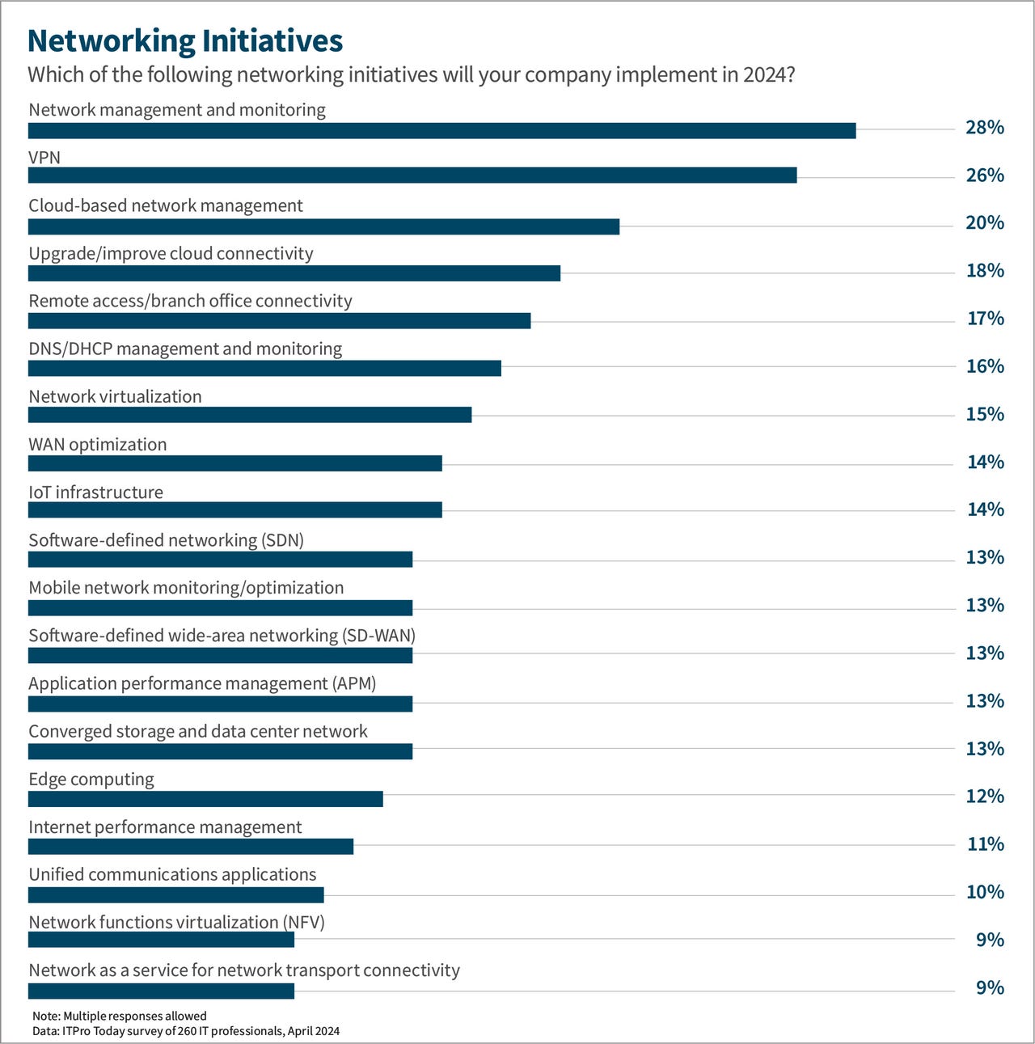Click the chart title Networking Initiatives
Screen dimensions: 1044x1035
click(185, 40)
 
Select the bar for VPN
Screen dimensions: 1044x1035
click(412, 175)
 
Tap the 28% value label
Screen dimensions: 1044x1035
click(984, 128)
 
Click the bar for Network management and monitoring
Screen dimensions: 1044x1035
click(441, 131)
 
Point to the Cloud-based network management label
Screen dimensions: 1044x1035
click(166, 205)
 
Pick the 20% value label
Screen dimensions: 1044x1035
click(984, 223)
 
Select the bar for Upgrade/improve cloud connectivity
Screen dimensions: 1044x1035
click(294, 273)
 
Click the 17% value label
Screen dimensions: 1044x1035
click(985, 319)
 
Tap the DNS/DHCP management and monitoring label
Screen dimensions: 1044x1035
click(185, 349)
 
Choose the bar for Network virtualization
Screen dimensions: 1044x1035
click(250, 415)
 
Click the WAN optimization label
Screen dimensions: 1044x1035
click(98, 444)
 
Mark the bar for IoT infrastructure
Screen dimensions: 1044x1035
click(235, 509)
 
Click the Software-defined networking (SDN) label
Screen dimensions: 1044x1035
click(166, 540)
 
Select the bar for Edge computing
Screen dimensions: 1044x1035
click(205, 799)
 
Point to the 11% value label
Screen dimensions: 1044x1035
click(985, 844)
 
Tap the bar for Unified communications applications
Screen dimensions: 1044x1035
click(176, 894)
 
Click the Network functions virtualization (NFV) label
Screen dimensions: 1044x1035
click(176, 922)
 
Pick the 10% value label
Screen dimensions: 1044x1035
click(984, 892)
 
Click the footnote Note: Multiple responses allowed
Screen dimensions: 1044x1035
click(120, 1016)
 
